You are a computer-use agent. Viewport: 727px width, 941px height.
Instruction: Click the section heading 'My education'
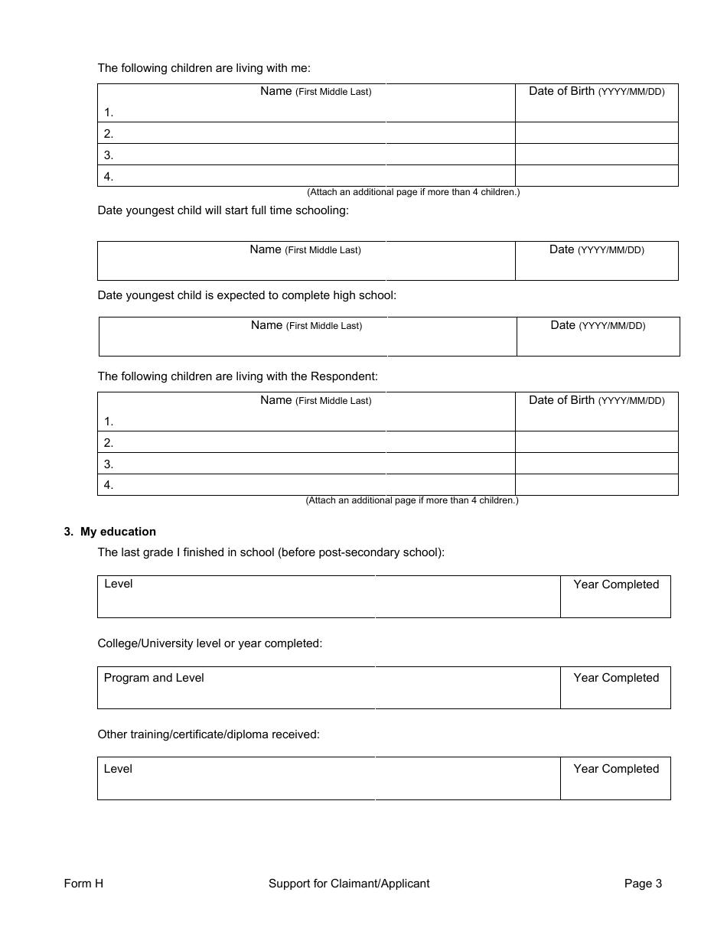(118, 532)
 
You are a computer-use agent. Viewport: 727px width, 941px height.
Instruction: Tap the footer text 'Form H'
(83, 884)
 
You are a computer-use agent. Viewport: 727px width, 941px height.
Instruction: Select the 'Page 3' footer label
(643, 884)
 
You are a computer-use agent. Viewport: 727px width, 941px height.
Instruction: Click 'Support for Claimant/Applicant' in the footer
(349, 884)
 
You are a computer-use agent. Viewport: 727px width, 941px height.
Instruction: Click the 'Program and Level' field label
(154, 678)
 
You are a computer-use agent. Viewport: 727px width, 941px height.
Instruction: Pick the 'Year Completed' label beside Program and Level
(616, 678)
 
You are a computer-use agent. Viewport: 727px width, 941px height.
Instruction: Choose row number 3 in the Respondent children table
(109, 464)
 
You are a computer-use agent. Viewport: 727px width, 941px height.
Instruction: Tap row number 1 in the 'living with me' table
(109, 112)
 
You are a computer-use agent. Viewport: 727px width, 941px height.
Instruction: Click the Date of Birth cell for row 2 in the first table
(596, 133)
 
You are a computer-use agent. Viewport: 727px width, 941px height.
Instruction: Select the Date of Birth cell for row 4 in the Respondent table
(596, 485)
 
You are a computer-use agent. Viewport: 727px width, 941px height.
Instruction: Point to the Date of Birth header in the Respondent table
(596, 400)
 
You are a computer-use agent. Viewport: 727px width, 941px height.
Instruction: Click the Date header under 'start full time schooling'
(596, 249)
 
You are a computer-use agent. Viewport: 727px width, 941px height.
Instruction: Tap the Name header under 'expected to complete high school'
(306, 325)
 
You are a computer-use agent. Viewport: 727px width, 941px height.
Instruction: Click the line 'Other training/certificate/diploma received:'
(208, 734)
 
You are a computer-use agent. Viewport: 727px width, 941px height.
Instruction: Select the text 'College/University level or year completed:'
(210, 643)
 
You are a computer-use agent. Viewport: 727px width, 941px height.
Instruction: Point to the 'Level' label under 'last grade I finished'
(119, 584)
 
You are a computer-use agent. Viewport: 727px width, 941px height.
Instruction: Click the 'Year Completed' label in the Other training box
(616, 769)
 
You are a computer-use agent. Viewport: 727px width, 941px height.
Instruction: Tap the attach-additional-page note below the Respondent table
(412, 500)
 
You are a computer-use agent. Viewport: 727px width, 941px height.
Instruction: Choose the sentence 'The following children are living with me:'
(204, 68)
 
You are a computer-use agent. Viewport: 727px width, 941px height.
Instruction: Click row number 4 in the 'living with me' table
(109, 176)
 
